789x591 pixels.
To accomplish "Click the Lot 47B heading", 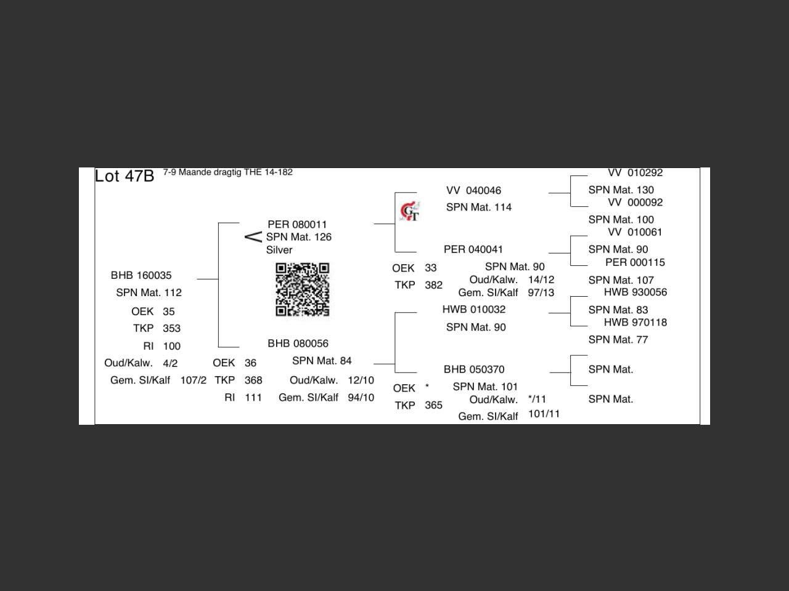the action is point(125,176).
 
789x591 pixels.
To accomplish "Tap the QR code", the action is point(303,289).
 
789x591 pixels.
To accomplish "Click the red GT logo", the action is point(410,211).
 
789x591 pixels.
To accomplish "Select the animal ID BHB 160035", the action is point(141,275).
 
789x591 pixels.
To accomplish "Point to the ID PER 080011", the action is point(297,225).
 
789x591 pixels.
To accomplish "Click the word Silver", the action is point(279,250).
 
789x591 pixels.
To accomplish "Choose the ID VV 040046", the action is point(473,190).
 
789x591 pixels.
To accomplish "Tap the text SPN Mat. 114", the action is point(479,207).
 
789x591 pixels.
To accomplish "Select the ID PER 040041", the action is point(473,249).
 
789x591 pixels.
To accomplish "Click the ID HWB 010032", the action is point(474,309).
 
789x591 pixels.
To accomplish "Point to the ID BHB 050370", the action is point(474,369).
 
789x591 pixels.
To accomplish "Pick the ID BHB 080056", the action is point(298,344).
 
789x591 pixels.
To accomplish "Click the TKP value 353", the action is point(171,328).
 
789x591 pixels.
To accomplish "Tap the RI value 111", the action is point(253,398).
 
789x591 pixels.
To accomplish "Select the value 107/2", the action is point(194,380).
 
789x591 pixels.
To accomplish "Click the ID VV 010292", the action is point(635,172).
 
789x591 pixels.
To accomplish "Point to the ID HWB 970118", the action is point(635,322).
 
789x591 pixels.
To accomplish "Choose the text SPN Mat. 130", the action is point(621,190).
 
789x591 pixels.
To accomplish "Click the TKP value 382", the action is point(433,285).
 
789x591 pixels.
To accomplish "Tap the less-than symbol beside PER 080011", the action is point(253,237).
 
